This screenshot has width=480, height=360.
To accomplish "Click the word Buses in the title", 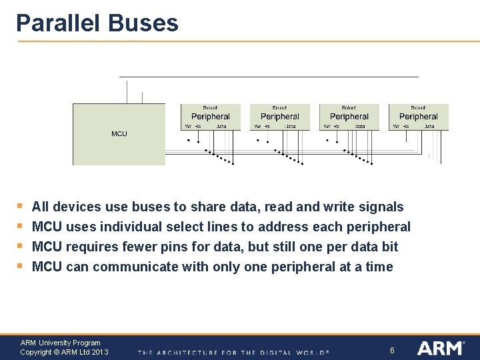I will [x=142, y=23].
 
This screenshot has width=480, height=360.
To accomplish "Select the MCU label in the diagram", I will [x=119, y=134].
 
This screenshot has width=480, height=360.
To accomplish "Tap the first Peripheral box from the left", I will [x=211, y=117].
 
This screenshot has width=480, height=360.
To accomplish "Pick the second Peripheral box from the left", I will [x=280, y=117].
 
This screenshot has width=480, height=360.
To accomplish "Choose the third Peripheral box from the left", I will [x=349, y=117].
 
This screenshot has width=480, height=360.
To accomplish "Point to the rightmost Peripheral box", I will [x=419, y=117].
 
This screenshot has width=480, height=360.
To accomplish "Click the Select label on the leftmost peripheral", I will [x=210, y=107].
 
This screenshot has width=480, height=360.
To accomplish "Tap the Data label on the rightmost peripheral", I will [x=429, y=126].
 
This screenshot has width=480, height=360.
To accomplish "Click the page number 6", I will [x=392, y=350].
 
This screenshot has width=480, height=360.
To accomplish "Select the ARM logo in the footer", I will [x=441, y=348].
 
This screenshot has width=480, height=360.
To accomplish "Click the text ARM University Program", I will [x=60, y=343].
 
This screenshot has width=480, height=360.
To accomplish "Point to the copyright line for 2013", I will [x=64, y=352].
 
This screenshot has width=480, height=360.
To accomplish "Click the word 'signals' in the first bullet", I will [x=381, y=207].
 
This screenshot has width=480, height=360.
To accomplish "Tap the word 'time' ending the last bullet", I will [x=379, y=267].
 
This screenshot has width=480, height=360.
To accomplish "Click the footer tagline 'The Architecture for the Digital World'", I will [x=233, y=352].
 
